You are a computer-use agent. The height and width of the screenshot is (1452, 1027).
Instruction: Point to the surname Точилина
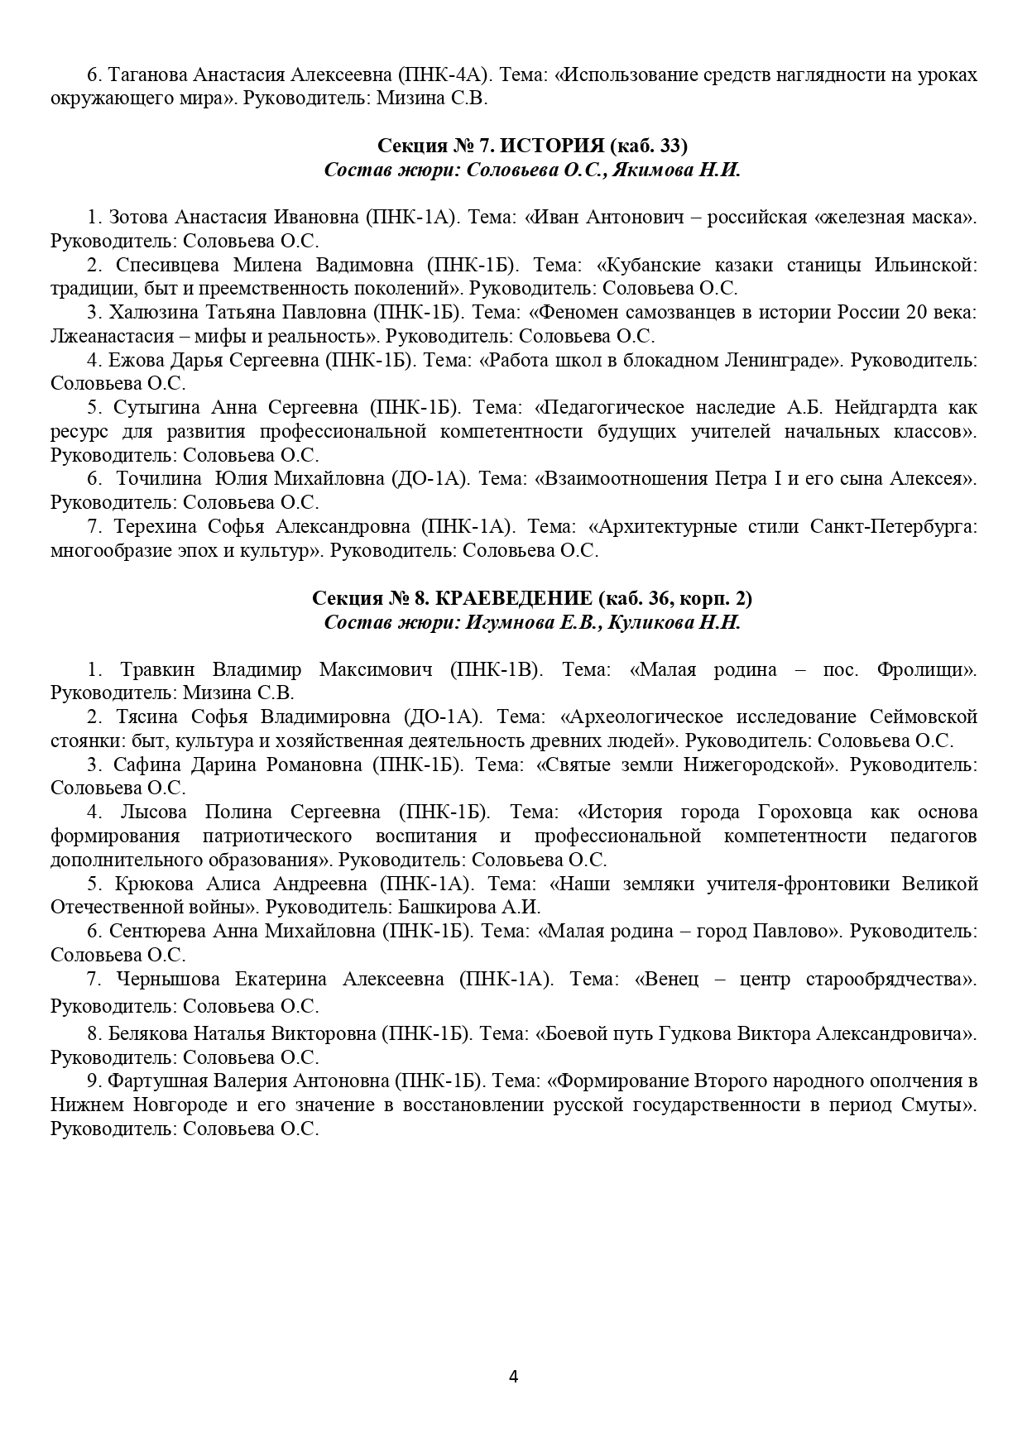160,479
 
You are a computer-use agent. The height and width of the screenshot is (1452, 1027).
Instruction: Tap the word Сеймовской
924,716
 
